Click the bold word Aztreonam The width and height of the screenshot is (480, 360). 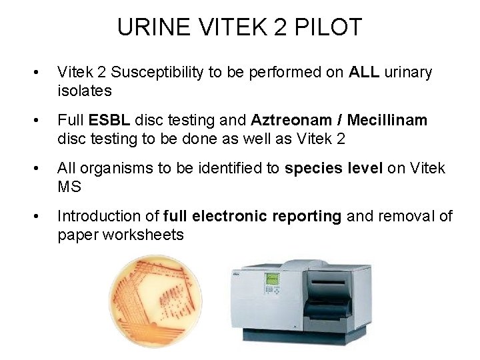[292, 120]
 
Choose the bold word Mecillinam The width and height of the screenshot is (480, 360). [389, 120]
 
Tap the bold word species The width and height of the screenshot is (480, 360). [311, 168]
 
